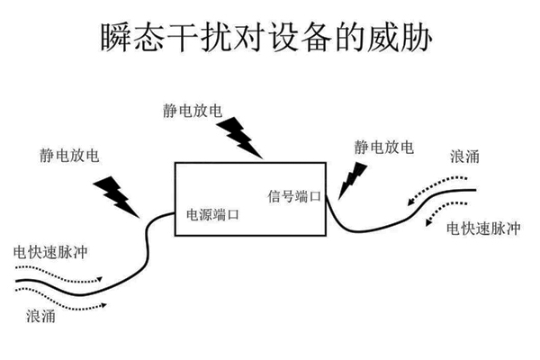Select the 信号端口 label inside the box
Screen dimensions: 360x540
(x=295, y=195)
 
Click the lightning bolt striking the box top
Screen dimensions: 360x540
(x=240, y=135)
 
